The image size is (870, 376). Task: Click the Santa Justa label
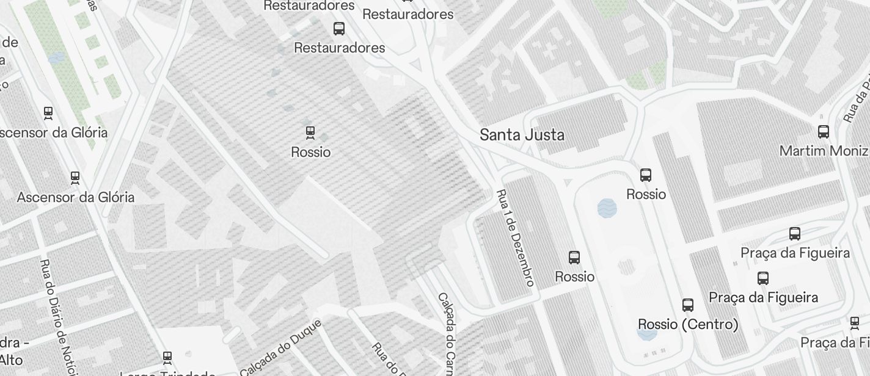click(x=522, y=135)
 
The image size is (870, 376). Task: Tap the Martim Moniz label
click(x=824, y=150)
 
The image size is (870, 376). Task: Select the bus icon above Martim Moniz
click(x=824, y=131)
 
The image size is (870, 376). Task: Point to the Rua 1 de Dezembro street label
click(x=516, y=237)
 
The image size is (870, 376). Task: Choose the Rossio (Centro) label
click(x=688, y=324)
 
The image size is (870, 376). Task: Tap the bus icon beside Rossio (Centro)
click(x=688, y=305)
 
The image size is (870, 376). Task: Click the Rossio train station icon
click(x=310, y=132)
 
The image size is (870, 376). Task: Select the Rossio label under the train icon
click(x=310, y=152)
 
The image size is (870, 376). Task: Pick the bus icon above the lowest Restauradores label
click(x=339, y=28)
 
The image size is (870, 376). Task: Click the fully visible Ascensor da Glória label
click(x=76, y=197)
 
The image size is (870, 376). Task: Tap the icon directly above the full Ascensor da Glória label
click(x=75, y=178)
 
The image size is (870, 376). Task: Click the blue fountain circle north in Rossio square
click(x=607, y=208)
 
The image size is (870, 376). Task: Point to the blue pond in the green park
click(x=56, y=58)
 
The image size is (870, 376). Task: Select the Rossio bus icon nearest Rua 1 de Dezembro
click(x=574, y=258)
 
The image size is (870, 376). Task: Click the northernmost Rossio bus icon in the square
click(x=646, y=175)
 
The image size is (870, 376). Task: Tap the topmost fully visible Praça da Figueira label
click(x=795, y=253)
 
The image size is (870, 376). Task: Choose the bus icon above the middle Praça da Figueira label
click(x=763, y=278)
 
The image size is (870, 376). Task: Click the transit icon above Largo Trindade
click(x=167, y=357)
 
